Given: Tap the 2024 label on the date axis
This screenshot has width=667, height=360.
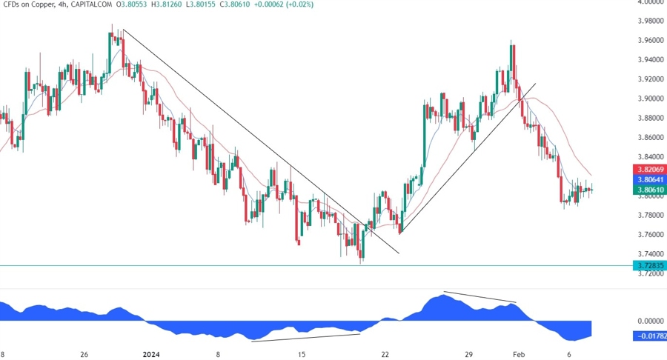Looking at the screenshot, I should click(x=151, y=354).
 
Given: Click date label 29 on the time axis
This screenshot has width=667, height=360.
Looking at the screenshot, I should click(x=468, y=354).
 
